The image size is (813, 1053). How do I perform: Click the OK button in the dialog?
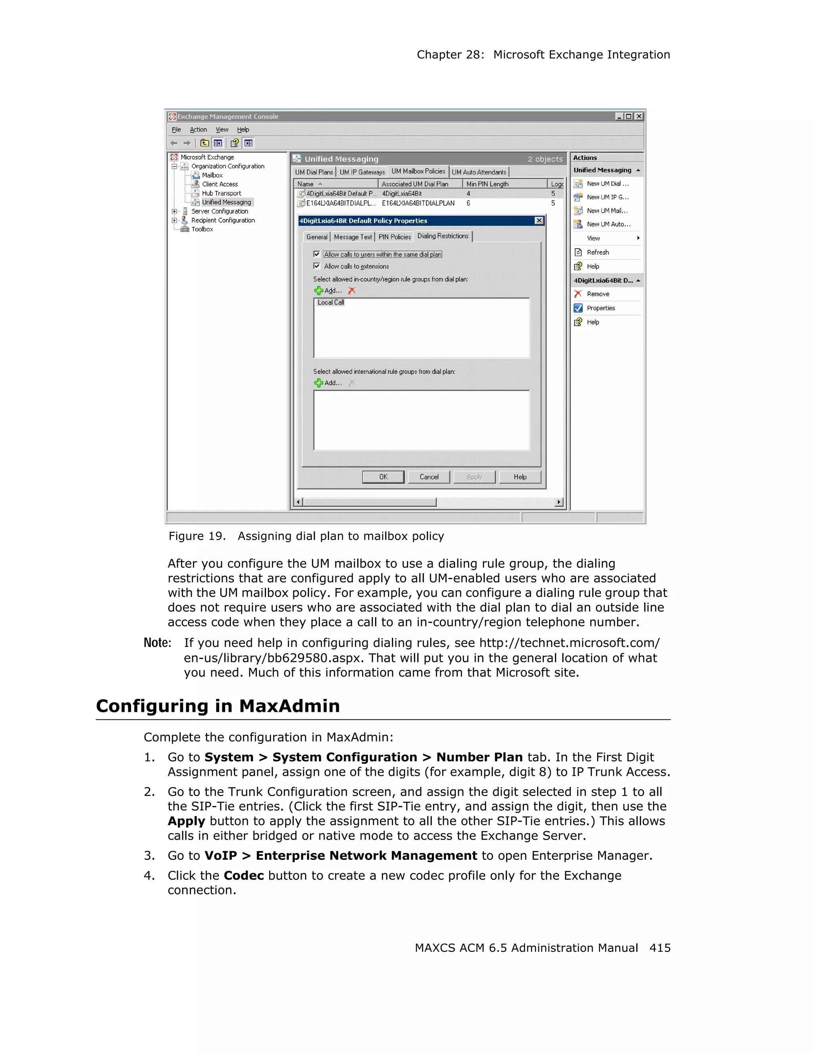[383, 477]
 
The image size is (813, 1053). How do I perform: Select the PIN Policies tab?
[394, 237]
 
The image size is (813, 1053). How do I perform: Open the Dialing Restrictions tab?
[443, 236]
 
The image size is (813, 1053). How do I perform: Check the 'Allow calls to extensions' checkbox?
[316, 266]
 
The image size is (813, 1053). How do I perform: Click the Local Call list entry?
[331, 302]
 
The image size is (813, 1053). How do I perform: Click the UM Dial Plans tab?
[314, 172]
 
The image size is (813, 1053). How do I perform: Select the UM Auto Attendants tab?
[479, 172]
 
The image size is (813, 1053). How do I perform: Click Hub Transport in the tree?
[221, 193]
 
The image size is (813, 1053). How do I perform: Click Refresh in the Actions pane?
[597, 252]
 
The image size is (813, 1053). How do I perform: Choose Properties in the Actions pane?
[600, 308]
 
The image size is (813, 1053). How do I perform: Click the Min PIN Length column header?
[487, 184]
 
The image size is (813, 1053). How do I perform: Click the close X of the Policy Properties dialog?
[539, 221]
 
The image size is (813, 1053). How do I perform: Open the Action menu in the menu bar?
[198, 130]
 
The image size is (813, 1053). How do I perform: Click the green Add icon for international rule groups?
[318, 383]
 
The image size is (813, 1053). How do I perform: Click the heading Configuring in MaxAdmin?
[218, 706]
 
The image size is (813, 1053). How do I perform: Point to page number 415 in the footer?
[659, 948]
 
